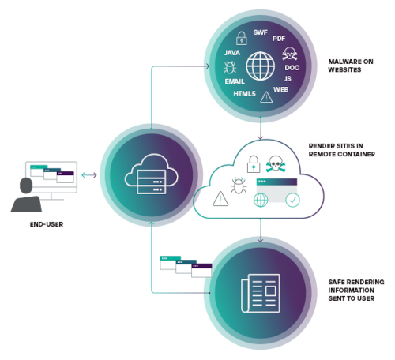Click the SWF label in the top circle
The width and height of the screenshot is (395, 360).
[x=261, y=32]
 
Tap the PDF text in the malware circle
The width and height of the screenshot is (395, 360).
[x=279, y=39]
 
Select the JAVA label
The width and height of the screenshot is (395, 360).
[x=232, y=53]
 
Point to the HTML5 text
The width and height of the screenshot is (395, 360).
[x=244, y=93]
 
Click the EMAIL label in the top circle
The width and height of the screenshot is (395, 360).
[x=235, y=81]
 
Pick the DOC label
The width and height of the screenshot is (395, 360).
[x=292, y=68]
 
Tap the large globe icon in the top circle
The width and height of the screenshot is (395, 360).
[x=261, y=66]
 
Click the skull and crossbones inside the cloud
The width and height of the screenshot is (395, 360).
[x=276, y=163]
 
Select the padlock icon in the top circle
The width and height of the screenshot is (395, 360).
[x=242, y=38]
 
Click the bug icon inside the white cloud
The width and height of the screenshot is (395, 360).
[x=239, y=186]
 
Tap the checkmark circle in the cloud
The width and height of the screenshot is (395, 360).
[x=292, y=200]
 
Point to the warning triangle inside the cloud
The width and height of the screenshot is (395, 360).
[x=220, y=199]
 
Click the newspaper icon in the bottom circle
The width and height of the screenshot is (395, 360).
[x=261, y=293]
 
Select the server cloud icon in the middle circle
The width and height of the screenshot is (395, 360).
[x=151, y=174]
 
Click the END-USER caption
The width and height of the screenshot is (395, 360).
[x=47, y=224]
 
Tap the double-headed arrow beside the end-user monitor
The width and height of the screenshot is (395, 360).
[x=89, y=175]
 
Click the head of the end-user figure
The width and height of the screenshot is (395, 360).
[x=26, y=186]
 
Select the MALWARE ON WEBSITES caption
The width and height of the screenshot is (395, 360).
[x=351, y=66]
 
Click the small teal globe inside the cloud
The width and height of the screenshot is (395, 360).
[x=261, y=200]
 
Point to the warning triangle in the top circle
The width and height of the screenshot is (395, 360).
[x=266, y=97]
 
